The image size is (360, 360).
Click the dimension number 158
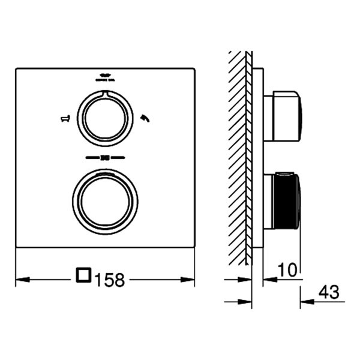[109, 279]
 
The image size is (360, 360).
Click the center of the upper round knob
[105, 116]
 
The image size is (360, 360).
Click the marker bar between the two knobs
[105, 158]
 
